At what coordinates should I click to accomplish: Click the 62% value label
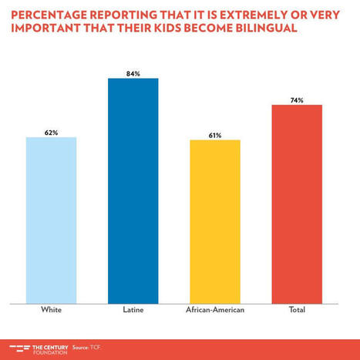click(x=52, y=133)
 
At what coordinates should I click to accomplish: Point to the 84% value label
click(x=133, y=73)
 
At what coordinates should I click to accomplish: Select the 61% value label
click(x=215, y=135)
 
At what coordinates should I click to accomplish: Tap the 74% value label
click(x=297, y=99)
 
